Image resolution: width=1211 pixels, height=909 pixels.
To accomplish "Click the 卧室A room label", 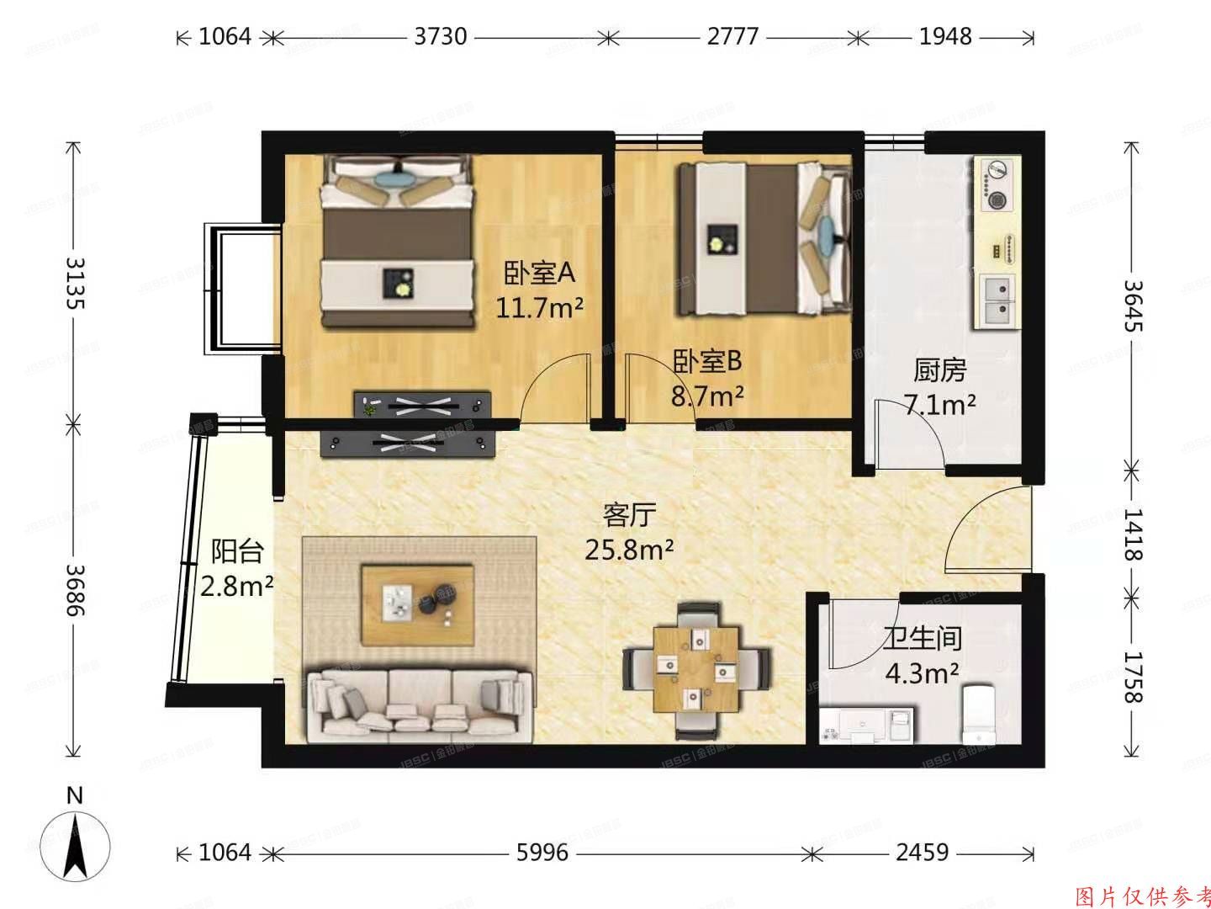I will click(539, 273).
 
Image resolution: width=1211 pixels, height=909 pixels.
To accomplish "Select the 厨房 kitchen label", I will click(939, 369).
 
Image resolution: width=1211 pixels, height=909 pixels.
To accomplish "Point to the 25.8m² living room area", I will click(629, 550).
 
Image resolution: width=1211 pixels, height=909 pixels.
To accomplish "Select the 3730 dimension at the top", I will click(441, 36).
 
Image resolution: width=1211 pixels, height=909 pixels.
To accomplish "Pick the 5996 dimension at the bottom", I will click(542, 853).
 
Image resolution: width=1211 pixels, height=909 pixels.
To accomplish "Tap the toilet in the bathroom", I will click(978, 715).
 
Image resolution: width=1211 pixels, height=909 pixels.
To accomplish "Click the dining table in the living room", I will click(696, 667).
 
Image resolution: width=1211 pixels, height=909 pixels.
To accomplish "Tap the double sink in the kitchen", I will click(997, 300).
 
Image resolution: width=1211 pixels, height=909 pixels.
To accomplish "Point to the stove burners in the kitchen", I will click(997, 184).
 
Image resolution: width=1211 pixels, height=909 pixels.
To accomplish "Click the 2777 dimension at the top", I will click(732, 36).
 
